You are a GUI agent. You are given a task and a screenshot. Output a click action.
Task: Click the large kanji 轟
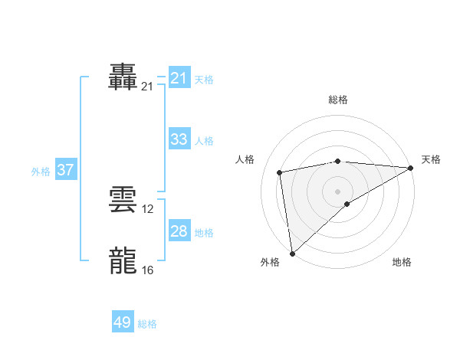point(123,78)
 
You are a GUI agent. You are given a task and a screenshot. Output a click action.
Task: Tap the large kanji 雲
point(123,200)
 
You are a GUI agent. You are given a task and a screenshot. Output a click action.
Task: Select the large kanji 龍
point(123,260)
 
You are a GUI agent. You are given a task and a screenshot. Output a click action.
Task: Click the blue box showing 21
point(179,78)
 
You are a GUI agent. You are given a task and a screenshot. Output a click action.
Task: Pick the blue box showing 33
point(179,139)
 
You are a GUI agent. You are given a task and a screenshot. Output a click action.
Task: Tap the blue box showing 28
point(179,231)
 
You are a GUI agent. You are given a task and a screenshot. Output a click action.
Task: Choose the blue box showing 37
point(66,170)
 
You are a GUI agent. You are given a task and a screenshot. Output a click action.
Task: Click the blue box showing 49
point(123,322)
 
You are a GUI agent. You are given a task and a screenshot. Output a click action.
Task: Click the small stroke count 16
point(148,270)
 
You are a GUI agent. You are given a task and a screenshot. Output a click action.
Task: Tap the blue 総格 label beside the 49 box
point(147,324)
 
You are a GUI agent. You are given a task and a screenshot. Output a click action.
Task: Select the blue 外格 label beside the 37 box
point(41,172)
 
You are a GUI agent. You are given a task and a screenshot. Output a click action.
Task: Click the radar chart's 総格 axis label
point(337,100)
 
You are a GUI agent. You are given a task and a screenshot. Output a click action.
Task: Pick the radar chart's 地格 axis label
point(402,262)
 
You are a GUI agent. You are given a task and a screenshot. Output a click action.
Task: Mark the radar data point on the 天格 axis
point(411,168)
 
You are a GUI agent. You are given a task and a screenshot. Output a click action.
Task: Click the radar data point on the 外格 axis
point(292,254)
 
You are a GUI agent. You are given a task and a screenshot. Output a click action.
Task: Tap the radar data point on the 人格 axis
point(281,172)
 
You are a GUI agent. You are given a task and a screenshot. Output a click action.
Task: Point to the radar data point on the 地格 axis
point(347,204)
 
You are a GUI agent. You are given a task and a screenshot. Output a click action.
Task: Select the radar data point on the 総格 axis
point(337,161)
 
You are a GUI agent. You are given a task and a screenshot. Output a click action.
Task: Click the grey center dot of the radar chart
point(337,191)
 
